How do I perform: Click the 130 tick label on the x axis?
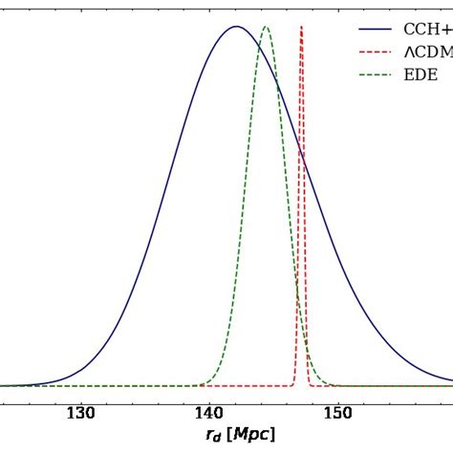click(x=80, y=413)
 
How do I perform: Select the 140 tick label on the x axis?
click(x=208, y=413)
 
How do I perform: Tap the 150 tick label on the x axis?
click(x=336, y=413)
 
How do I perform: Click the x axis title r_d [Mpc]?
click(x=240, y=435)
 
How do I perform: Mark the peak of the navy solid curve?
click(x=235, y=27)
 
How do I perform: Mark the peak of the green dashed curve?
click(x=266, y=27)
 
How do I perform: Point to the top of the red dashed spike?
click(x=302, y=27)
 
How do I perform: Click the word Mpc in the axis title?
click(x=253, y=435)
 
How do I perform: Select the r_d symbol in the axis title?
click(x=212, y=436)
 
